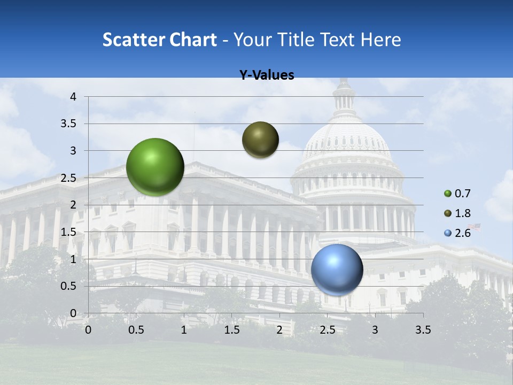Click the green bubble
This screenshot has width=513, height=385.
(155, 167)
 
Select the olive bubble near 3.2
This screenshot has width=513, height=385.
(260, 140)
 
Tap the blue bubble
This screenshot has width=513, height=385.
(337, 270)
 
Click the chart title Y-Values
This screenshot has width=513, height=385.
(267, 75)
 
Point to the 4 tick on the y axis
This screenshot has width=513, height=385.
(73, 97)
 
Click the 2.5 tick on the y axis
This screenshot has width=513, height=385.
(68, 178)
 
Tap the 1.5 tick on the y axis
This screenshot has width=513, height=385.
(68, 232)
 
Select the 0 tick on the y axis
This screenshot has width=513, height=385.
(73, 313)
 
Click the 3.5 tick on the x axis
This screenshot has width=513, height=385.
(423, 330)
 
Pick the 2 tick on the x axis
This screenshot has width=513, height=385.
(279, 330)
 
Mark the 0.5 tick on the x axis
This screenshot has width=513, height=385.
(136, 330)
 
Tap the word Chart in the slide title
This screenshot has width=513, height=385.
(192, 40)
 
